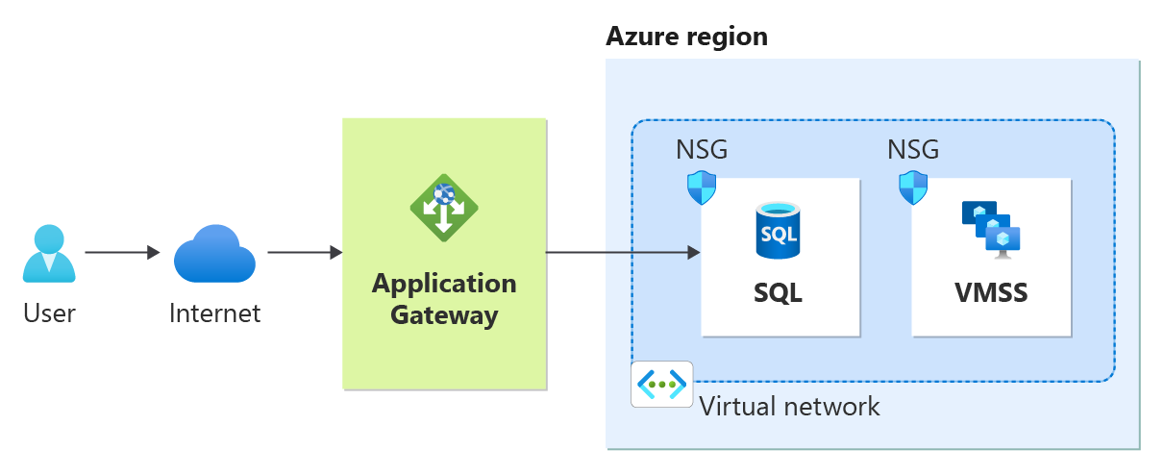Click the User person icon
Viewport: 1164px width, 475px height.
[x=48, y=253]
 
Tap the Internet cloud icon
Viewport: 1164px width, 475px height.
[x=214, y=253]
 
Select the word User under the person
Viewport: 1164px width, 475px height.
[x=49, y=312]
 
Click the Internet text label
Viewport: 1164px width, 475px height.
[x=214, y=312]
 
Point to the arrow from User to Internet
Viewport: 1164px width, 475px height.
[x=122, y=253]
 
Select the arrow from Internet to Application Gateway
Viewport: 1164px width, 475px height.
[x=305, y=253]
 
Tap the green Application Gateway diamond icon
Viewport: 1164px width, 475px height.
[x=444, y=207]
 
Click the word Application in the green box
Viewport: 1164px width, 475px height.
[x=444, y=284]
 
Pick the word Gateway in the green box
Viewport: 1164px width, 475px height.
[x=444, y=314]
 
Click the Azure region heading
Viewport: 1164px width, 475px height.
[x=686, y=37]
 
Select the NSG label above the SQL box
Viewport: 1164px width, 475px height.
[x=702, y=150]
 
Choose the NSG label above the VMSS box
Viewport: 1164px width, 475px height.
[x=913, y=150]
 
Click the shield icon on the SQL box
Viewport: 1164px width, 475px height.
[x=702, y=187]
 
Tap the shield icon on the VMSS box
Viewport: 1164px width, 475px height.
[x=913, y=187]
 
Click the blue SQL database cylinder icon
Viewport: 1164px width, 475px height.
[x=779, y=231]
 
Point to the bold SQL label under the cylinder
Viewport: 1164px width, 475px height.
[x=779, y=290]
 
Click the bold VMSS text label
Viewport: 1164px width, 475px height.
[x=991, y=290]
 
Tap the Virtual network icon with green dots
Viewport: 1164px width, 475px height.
[x=662, y=385]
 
